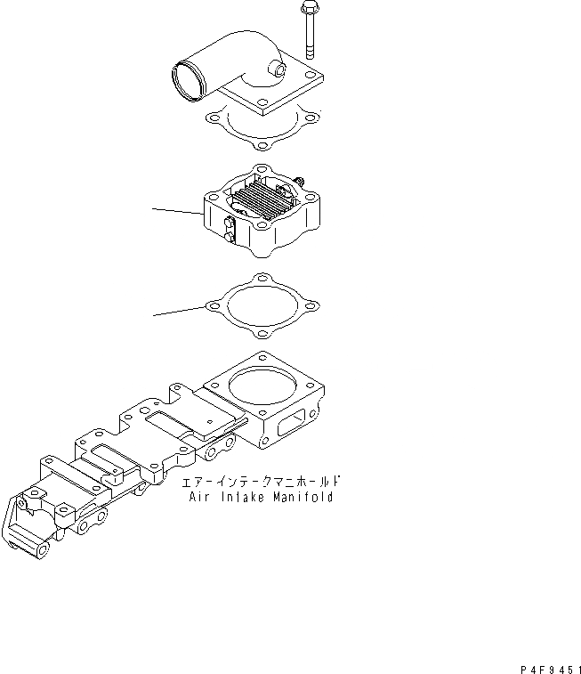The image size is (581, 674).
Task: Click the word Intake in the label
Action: pos(241,498)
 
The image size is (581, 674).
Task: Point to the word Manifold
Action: pos(302,498)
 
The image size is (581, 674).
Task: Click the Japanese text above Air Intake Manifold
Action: pos(262,482)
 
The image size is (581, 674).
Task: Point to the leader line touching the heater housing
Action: pos(178,211)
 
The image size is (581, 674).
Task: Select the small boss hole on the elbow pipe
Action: pos(280,69)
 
